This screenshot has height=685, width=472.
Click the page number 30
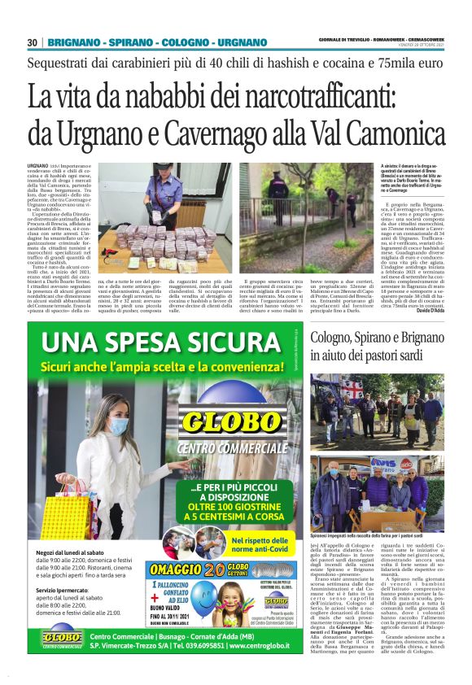coord(33,42)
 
